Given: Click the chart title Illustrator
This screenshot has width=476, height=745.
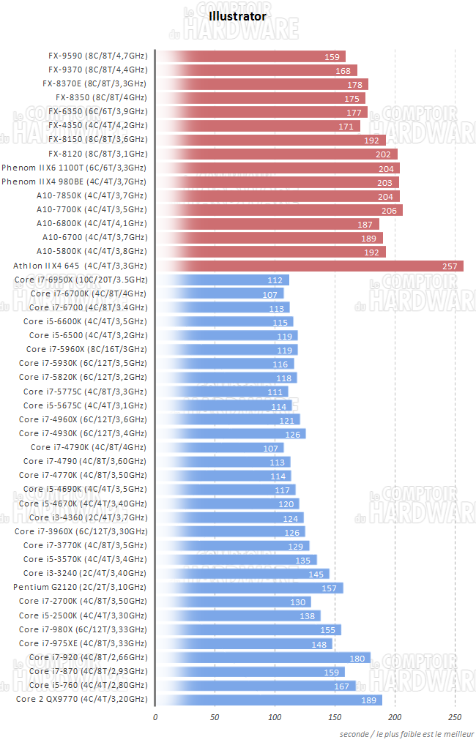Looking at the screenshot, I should pos(237,15).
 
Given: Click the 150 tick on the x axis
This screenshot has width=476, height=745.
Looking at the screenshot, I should pos(335,717).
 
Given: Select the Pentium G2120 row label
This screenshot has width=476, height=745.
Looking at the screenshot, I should pos(79,587).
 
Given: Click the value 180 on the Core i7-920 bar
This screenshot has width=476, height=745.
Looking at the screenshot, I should pos(357,657).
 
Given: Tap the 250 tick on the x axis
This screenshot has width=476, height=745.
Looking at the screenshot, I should pos(455,717).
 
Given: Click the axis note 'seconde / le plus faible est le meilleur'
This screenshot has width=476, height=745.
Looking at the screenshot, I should pos(406,734).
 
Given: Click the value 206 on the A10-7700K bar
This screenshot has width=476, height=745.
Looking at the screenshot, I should pos(389,210).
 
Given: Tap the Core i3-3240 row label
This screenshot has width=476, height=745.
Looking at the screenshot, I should pos(84,573).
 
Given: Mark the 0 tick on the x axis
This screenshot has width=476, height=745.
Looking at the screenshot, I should pos(155,717).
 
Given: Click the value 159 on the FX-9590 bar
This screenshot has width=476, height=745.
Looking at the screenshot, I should pos(332,56).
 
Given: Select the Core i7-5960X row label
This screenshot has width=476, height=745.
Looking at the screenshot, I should pos(86,350).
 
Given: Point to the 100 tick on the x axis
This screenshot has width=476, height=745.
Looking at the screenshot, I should pos(275,717).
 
